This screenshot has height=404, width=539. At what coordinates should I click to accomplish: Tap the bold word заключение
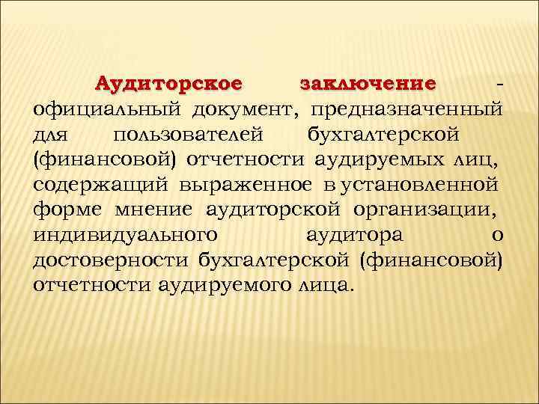(367, 82)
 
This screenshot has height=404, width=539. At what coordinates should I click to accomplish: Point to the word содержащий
(100, 184)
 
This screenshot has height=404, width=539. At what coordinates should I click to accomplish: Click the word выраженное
(243, 184)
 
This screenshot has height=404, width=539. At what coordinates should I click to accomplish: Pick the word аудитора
(355, 235)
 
